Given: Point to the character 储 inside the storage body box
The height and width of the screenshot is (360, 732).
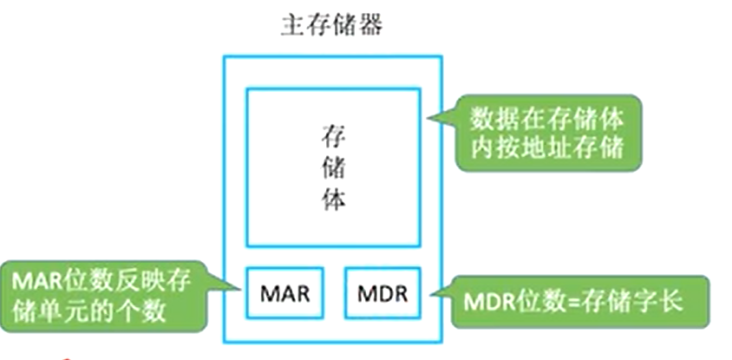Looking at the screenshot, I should [334, 170].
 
